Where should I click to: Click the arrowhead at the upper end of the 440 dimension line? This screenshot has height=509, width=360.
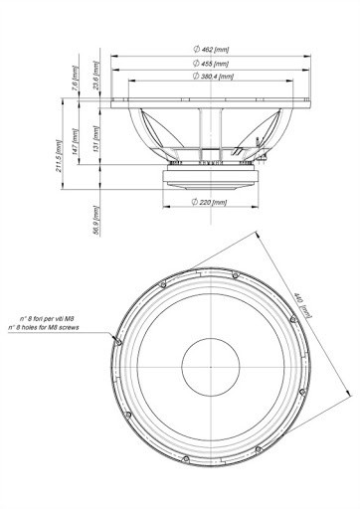point(261,235)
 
